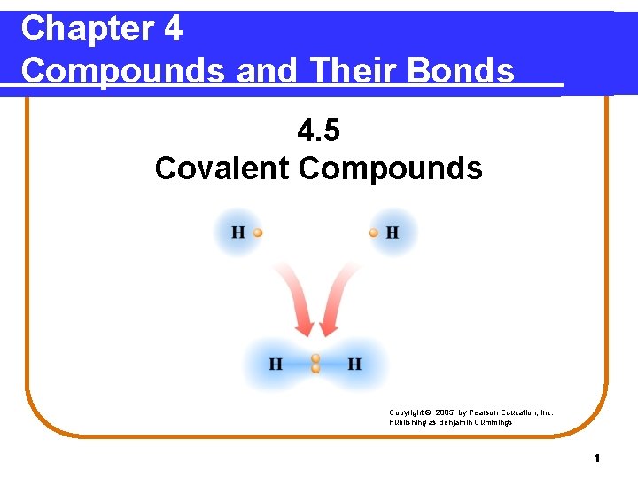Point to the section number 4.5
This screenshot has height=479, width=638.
(x=318, y=131)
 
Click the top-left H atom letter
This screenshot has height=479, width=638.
(x=238, y=232)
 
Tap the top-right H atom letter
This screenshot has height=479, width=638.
(x=392, y=232)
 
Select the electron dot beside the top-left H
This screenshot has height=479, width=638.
(x=257, y=232)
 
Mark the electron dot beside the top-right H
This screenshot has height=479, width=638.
(x=374, y=232)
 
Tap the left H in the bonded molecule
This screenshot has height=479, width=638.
(x=276, y=365)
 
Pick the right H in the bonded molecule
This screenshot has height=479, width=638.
(x=354, y=365)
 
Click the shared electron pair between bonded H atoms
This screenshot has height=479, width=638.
(x=315, y=364)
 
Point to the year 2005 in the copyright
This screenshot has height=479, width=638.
(x=447, y=412)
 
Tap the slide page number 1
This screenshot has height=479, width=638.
(x=597, y=459)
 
